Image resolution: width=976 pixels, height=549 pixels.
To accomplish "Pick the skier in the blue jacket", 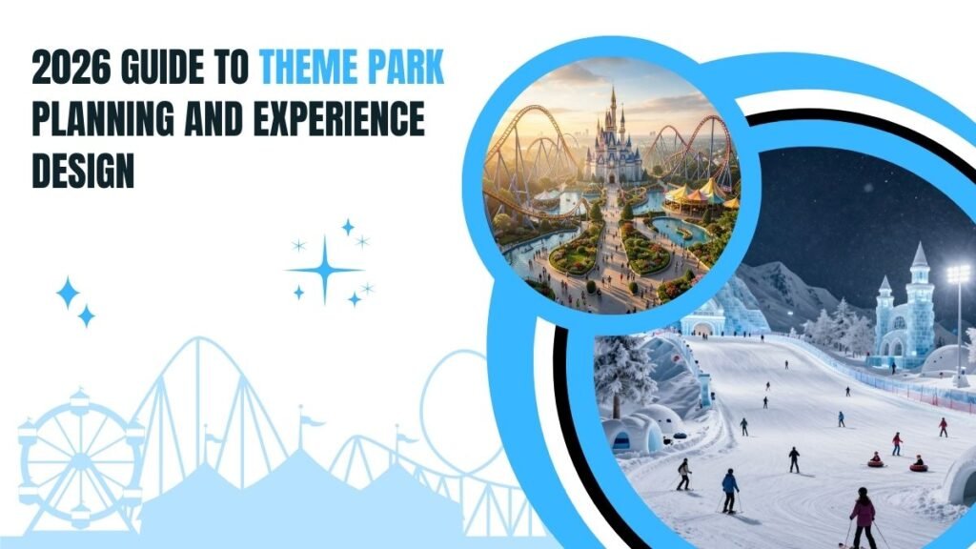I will (x=730, y=486).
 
